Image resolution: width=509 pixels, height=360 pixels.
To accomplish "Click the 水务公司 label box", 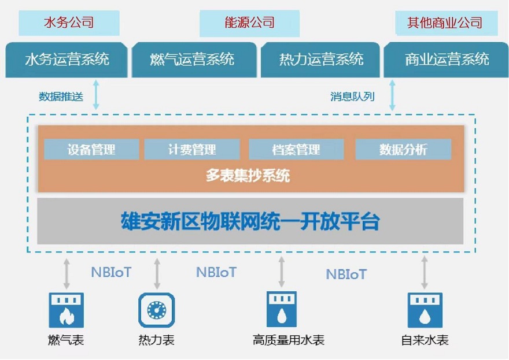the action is point(69,23).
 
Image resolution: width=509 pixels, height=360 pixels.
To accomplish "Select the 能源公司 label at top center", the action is point(249,23).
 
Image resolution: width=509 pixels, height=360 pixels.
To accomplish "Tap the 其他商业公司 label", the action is point(446,23).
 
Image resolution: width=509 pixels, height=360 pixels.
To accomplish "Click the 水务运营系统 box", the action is point(66,60).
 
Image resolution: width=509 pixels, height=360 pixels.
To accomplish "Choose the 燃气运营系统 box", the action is point(194,60).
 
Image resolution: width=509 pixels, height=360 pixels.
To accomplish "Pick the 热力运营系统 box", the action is point(320,60).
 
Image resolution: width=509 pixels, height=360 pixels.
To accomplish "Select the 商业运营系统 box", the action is point(446,60).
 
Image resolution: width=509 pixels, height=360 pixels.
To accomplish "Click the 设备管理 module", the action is point(91,149).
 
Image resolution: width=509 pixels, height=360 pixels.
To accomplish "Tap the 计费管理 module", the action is point(192,149).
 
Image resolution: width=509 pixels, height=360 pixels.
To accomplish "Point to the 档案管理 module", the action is point(296,149).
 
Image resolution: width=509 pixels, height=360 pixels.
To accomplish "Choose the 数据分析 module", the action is point(403,149).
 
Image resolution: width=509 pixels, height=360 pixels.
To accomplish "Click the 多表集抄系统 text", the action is point(248,176).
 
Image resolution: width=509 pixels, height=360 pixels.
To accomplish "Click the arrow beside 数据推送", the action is point(96,95).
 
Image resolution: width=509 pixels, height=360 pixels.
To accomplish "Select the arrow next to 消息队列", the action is point(392,95).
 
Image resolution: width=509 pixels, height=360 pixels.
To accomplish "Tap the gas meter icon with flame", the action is point(66,310).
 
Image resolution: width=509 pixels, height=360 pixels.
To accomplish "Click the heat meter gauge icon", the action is point(157,310).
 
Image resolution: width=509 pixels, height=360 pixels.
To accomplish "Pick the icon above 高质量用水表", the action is point(282,309).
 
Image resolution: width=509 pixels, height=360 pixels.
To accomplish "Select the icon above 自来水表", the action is point(425,310).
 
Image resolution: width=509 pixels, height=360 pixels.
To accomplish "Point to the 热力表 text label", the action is point(157,340).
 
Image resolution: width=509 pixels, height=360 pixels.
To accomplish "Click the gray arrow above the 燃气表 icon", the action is point(67,273).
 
